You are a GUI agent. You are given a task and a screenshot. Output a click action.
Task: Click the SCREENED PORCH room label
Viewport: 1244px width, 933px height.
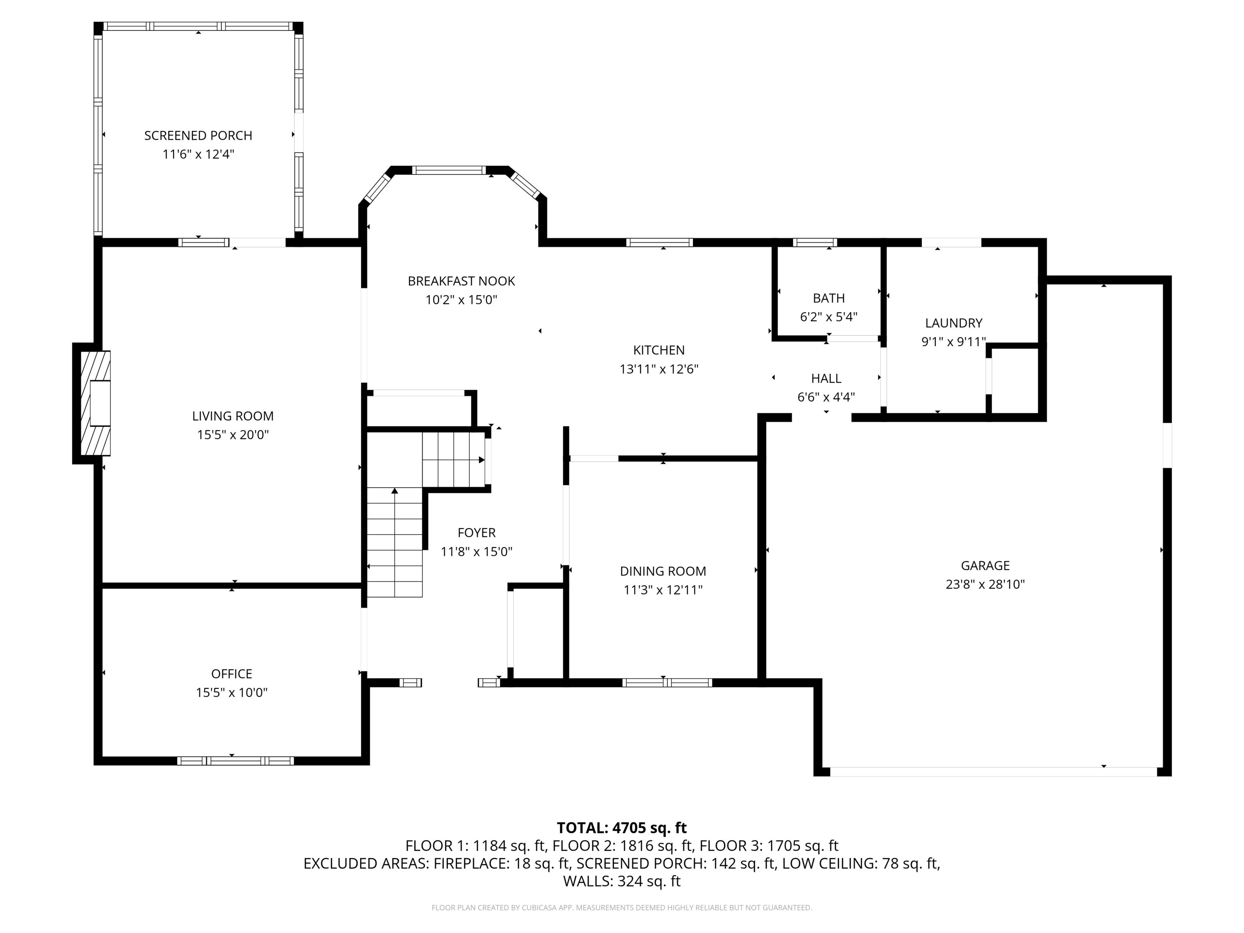click(198, 136)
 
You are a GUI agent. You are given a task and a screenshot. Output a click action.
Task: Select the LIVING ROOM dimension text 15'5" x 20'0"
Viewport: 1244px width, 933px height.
click(233, 435)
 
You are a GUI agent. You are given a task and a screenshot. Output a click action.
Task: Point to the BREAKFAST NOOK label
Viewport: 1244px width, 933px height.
click(461, 281)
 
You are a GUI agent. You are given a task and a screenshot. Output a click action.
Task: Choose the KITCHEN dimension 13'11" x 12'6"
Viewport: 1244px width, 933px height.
click(658, 369)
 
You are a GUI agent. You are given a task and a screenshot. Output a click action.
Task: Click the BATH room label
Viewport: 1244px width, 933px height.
click(829, 298)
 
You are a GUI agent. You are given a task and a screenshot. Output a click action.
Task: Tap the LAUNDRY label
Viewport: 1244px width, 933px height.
click(953, 323)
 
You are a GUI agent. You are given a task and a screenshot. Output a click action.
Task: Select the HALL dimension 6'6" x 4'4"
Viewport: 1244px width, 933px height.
click(826, 397)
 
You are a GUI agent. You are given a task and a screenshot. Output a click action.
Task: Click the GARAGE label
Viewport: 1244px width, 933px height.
click(985, 565)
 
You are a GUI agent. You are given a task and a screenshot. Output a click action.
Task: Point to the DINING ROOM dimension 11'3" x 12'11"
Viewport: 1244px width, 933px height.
click(663, 590)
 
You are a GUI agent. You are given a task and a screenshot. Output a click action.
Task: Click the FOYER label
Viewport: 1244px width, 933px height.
click(476, 533)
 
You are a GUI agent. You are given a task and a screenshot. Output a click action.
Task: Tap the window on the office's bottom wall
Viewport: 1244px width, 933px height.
click(235, 761)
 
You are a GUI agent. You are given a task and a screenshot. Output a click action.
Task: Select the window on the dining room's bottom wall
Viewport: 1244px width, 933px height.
click(667, 683)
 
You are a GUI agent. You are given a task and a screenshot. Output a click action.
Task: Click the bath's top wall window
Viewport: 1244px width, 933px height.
click(814, 243)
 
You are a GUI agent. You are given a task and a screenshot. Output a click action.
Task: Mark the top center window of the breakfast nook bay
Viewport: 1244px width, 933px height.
click(448, 170)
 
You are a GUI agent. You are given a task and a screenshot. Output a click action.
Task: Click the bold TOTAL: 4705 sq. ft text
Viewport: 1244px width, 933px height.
click(622, 828)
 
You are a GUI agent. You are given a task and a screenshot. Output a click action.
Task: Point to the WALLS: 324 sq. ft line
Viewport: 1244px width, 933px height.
click(622, 881)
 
